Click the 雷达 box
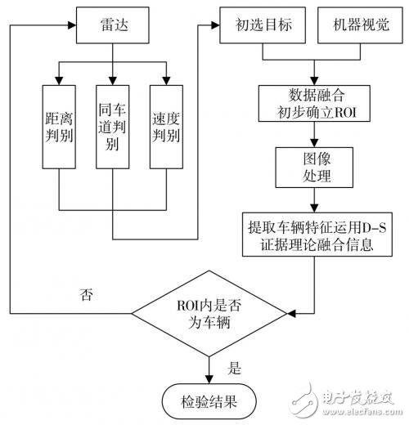pyautogui.click(x=112, y=25)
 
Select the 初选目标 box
pyautogui.click(x=263, y=25)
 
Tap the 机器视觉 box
pyautogui.click(x=360, y=25)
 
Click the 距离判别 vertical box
pyautogui.click(x=59, y=127)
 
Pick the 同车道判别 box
pyautogui.click(x=113, y=127)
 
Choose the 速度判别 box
pyautogui.click(x=166, y=127)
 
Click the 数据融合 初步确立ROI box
pyautogui.click(x=314, y=103)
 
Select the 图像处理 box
pyautogui.click(x=314, y=168)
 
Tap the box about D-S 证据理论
pyautogui.click(x=317, y=235)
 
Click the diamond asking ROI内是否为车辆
pyautogui.click(x=209, y=313)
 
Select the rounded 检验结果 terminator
pyautogui.click(x=209, y=401)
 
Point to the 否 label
pyautogui.click(x=87, y=295)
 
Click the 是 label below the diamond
pyautogui.click(x=235, y=369)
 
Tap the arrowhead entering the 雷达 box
pyautogui.click(x=72, y=25)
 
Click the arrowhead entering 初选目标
pyautogui.click(x=216, y=25)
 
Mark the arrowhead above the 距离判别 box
pyautogui.click(x=59, y=81)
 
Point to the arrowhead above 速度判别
pyautogui.click(x=166, y=81)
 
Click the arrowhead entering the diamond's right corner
pyautogui.click(x=291, y=313)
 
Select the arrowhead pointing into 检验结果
pyautogui.click(x=209, y=379)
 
